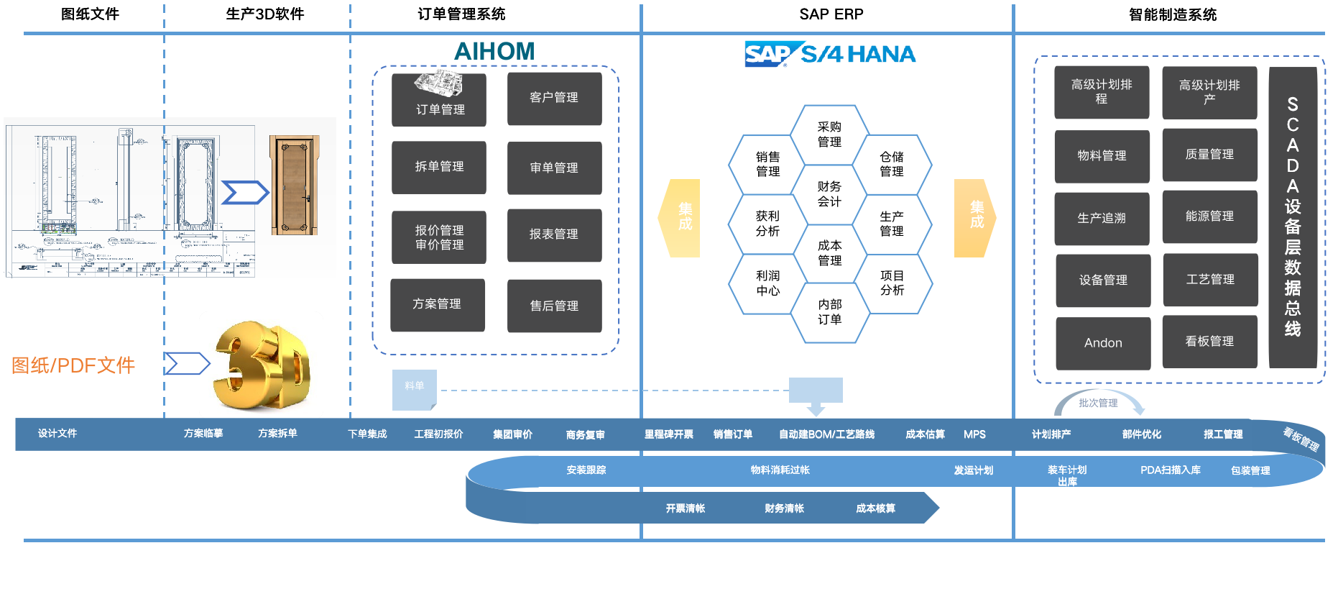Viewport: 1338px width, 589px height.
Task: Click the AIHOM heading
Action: pos(494,51)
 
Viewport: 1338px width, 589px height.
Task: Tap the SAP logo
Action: pos(766,54)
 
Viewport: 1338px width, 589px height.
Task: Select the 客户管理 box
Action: pos(554,98)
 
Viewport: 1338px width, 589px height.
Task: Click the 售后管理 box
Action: pos(554,306)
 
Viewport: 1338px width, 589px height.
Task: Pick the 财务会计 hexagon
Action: pos(829,194)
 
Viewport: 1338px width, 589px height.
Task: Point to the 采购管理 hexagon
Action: pos(829,134)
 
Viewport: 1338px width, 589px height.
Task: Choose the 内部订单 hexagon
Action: pos(829,312)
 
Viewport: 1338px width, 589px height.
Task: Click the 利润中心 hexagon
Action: pos(767,283)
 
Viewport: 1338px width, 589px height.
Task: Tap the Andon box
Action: pos(1103,343)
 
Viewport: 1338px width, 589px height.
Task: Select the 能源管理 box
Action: pos(1209,216)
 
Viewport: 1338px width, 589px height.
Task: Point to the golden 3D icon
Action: pos(261,364)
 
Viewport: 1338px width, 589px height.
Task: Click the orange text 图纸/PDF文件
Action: pos(73,365)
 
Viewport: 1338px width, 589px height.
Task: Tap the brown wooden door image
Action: pos(294,186)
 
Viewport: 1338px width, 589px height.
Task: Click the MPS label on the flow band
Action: pos(974,434)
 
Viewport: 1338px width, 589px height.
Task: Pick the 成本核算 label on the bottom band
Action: pos(875,508)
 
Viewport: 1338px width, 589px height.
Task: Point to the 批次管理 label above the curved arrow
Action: pos(1098,403)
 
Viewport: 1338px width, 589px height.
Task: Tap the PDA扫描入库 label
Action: pos(1170,470)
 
